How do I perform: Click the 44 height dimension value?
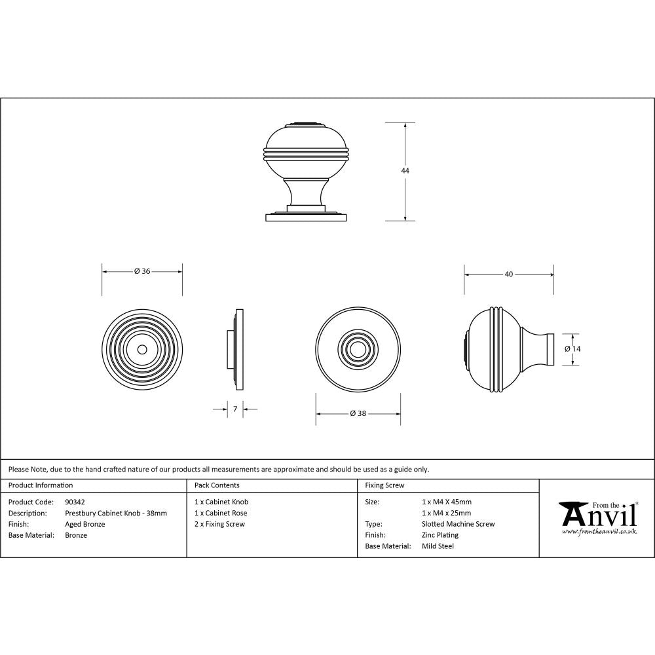405,170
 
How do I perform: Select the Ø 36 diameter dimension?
142,271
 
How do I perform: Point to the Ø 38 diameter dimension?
358,413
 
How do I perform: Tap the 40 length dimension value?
509,274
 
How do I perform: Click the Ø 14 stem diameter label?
572,349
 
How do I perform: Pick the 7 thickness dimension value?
234,409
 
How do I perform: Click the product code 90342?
75,502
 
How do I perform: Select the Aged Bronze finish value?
85,524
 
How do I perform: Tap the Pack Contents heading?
217,485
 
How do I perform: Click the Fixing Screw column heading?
384,485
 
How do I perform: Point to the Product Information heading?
41,485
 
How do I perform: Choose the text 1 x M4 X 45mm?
447,502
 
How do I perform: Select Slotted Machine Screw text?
458,524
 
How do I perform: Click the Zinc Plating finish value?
440,535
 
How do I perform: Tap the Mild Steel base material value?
438,546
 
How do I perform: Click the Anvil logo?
597,517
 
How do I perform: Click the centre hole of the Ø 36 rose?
142,349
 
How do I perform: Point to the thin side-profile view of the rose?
237,349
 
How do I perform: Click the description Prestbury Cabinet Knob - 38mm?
116,513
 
